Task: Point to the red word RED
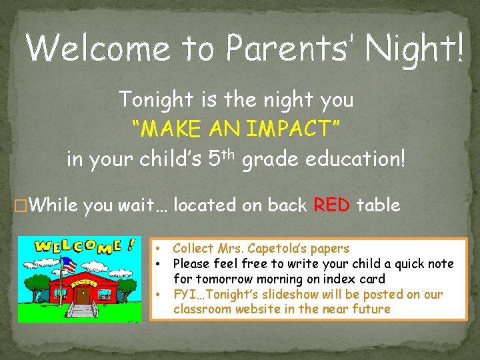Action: click(332, 205)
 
